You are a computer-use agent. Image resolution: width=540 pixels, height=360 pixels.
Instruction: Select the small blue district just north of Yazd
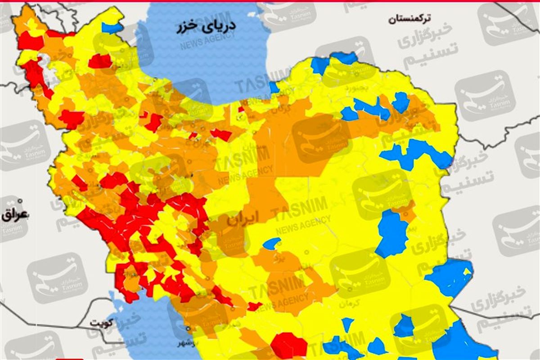tap(271, 243)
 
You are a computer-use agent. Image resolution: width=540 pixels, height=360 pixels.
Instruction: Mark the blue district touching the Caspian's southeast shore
tap(274, 87)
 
